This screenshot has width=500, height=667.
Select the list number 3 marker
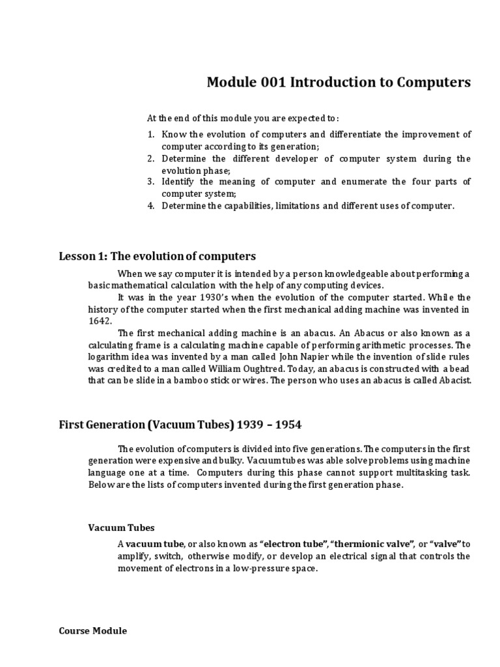pyautogui.click(x=150, y=181)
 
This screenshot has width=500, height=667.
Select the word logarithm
pyautogui.click(x=109, y=357)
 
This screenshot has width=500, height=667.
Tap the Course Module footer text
pyautogui.click(x=93, y=631)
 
